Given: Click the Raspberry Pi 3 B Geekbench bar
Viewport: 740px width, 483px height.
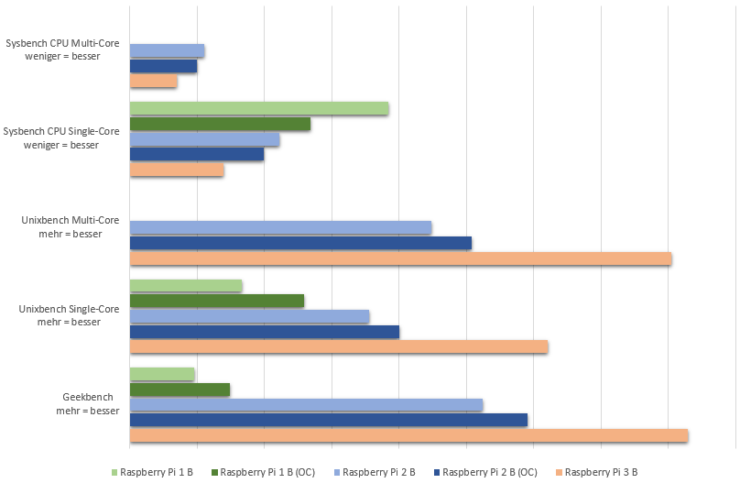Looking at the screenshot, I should (408, 435).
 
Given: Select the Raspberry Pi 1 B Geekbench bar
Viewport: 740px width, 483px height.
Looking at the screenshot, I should (162, 374).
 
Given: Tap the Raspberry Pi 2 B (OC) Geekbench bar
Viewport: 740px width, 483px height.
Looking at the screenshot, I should (329, 420).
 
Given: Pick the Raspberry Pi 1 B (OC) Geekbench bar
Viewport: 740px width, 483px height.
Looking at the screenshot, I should (180, 390).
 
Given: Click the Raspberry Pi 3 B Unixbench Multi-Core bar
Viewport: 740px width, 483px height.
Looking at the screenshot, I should (400, 258).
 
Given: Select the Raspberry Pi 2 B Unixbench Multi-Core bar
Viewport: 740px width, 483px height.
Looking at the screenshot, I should (280, 227).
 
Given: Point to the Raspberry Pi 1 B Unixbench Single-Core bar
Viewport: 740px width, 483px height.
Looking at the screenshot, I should (186, 285).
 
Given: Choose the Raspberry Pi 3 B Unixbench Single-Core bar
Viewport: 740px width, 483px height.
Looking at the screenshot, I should (339, 346).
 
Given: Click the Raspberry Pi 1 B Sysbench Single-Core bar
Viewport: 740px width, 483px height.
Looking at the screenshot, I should (259, 108).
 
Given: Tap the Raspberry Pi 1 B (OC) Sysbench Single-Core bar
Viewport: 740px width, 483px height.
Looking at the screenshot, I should (220, 124).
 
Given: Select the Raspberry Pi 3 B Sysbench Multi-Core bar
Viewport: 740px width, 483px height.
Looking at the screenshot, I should (153, 82).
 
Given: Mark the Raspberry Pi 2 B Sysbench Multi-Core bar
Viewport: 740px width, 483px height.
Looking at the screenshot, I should (167, 50).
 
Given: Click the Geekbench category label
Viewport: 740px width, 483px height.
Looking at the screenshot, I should (88, 404).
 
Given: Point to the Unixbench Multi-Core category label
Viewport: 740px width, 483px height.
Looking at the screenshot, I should (71, 226).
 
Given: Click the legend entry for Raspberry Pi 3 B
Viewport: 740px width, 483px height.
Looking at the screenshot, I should (601, 473).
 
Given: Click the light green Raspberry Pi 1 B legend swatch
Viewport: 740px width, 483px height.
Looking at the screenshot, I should (114, 473).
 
